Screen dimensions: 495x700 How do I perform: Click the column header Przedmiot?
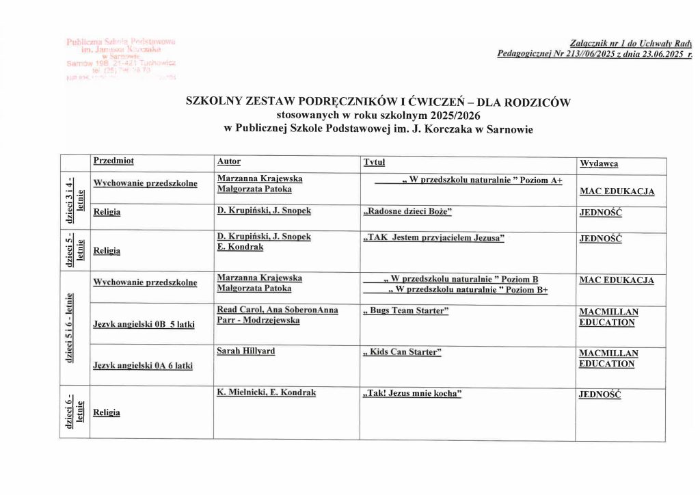pyautogui.click(x=113, y=161)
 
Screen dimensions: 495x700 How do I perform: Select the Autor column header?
pyautogui.click(x=228, y=161)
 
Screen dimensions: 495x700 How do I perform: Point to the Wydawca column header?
pyautogui.click(x=599, y=164)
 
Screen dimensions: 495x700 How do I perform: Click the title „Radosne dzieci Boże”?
pyautogui.click(x=407, y=211)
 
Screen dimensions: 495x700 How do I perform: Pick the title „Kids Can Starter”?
pyautogui.click(x=402, y=352)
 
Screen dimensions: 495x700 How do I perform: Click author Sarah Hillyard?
pyautogui.click(x=245, y=351)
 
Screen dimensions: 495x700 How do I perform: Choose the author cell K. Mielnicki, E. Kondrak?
pyautogui.click(x=267, y=393)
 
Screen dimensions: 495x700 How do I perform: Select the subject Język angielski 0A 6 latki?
pyautogui.click(x=142, y=366)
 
